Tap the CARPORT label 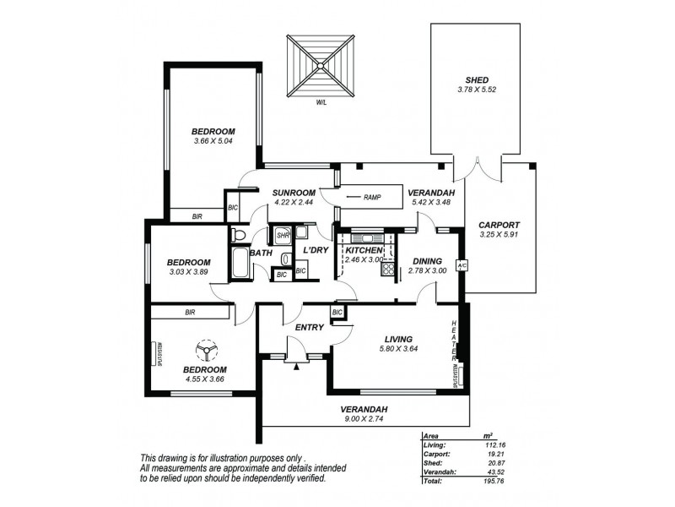pyautogui.click(x=497, y=225)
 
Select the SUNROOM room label pyautogui.click(x=294, y=192)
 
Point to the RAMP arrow pyautogui.click(x=352, y=199)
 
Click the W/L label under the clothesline pyautogui.click(x=321, y=102)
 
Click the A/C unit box pyautogui.click(x=462, y=264)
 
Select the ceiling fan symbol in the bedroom pyautogui.click(x=205, y=348)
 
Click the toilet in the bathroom pyautogui.click(x=238, y=234)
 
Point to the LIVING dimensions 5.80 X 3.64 pyautogui.click(x=399, y=348)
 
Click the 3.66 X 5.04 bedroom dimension pyautogui.click(x=213, y=141)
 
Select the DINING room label pyautogui.click(x=426, y=261)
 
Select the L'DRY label pyautogui.click(x=315, y=251)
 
